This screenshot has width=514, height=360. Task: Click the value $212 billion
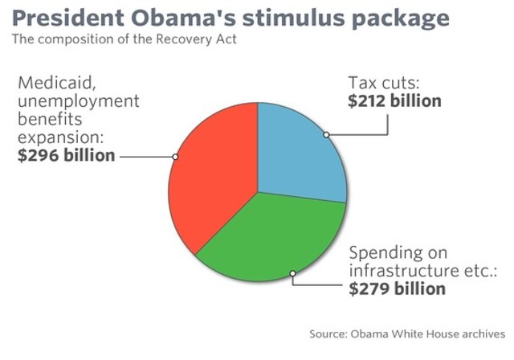click(x=394, y=101)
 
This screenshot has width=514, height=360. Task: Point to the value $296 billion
click(x=66, y=155)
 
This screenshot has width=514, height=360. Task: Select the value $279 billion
click(x=397, y=288)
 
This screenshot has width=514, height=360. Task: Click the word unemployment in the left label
click(x=77, y=101)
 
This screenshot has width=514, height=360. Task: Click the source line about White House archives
click(x=407, y=333)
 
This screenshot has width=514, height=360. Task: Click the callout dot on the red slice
click(x=175, y=156)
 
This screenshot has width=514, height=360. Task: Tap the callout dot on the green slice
click(x=293, y=273)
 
